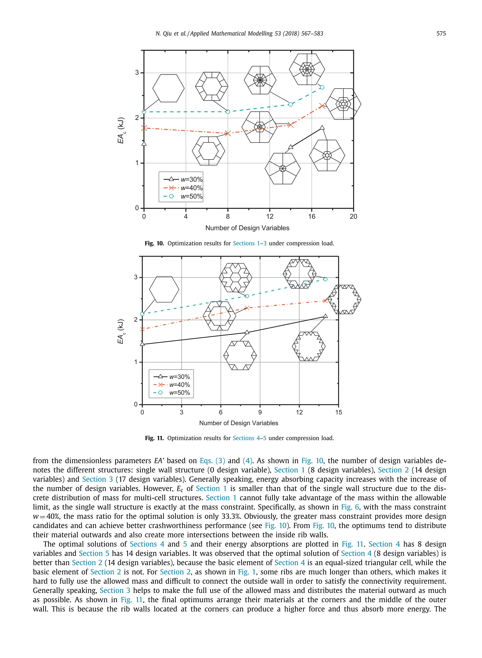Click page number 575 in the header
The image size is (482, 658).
pyautogui.click(x=441, y=34)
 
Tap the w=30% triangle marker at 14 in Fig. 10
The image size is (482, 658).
pyautogui.click(x=291, y=147)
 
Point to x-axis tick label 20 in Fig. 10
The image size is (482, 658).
pyautogui.click(x=353, y=217)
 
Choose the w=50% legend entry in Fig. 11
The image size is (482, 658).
pyautogui.click(x=172, y=393)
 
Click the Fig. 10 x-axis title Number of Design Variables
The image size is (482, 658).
pyautogui.click(x=247, y=228)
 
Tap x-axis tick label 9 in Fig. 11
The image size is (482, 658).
pyautogui.click(x=260, y=412)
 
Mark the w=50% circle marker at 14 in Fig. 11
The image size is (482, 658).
pyautogui.click(x=325, y=279)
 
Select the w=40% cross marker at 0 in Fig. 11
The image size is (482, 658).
pyautogui.click(x=142, y=329)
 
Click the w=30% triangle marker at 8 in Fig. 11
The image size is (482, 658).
pyautogui.click(x=247, y=332)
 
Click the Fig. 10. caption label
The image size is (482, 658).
pyautogui.click(x=154, y=243)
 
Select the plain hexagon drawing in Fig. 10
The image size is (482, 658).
pyautogui.click(x=168, y=88)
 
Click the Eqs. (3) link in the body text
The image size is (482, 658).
pyautogui.click(x=212, y=461)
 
